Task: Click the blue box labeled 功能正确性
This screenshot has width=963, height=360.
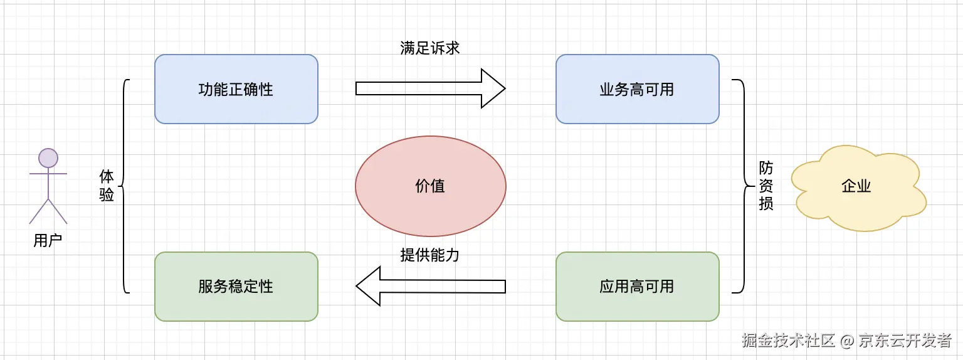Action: (x=236, y=89)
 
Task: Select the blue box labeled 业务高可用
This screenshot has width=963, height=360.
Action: (x=637, y=89)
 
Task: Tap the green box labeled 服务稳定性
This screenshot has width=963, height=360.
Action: (x=236, y=287)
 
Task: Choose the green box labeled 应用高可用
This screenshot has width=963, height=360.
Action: (x=637, y=287)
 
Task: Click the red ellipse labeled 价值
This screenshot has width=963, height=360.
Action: (x=430, y=186)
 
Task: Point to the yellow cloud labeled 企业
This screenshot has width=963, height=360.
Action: (x=856, y=186)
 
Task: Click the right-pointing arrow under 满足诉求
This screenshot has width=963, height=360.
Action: (x=430, y=88)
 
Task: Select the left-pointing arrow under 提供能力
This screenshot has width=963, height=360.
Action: (x=430, y=286)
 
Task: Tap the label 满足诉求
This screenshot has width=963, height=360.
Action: (x=430, y=48)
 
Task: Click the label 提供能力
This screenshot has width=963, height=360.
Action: (x=430, y=255)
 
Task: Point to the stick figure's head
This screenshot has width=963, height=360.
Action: (x=48, y=157)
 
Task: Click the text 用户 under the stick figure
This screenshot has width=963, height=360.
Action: (x=48, y=240)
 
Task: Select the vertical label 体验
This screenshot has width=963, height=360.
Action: (x=107, y=186)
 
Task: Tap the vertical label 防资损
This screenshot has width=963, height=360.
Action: (x=766, y=186)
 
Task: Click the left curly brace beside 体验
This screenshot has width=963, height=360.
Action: (x=125, y=186)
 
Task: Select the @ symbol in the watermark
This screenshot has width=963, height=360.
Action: (x=847, y=341)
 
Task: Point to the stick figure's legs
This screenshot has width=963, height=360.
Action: (x=48, y=211)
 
